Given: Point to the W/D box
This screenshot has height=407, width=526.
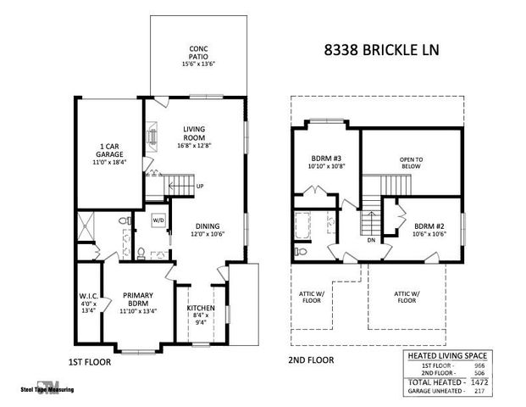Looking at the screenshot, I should pyautogui.click(x=158, y=220).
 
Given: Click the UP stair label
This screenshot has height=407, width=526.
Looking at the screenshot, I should pyautogui.click(x=200, y=187).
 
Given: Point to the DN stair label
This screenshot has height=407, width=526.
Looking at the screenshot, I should pyautogui.click(x=371, y=239).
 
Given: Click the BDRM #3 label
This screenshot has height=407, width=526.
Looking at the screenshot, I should pyautogui.click(x=324, y=162).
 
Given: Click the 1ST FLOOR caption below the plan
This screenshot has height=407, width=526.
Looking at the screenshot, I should pyautogui.click(x=89, y=361).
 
